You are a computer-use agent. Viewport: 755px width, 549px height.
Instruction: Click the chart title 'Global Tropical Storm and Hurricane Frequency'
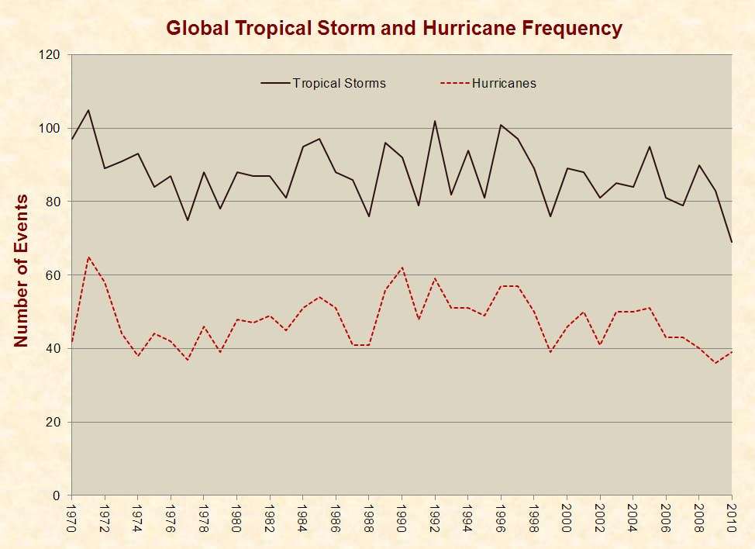[394, 29]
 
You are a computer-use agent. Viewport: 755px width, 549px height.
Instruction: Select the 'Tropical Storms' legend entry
[339, 83]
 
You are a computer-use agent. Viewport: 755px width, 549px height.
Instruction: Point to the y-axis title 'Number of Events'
[21, 271]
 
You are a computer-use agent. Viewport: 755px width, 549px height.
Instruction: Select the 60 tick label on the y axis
[53, 275]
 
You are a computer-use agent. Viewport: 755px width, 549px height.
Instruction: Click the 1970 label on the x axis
[71, 516]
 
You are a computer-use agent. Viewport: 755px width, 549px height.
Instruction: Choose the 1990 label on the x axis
[402, 516]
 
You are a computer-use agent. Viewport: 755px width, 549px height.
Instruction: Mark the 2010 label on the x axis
[732, 516]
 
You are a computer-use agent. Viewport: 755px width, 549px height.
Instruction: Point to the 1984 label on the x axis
[302, 516]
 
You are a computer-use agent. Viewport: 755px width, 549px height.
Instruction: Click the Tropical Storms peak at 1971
[88, 110]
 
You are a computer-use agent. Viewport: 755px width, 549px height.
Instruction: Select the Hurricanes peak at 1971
[88, 257]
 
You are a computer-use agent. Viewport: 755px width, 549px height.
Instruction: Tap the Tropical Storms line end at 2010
[732, 242]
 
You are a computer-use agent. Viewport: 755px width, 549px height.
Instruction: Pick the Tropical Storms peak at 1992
[435, 121]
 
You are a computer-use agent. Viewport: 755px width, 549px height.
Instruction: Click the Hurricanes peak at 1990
[402, 268]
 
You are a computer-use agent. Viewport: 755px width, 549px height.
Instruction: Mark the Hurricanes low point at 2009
[715, 363]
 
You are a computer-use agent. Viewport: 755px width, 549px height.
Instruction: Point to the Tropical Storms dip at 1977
[187, 220]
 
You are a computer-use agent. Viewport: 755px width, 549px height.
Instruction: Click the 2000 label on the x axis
[567, 516]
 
